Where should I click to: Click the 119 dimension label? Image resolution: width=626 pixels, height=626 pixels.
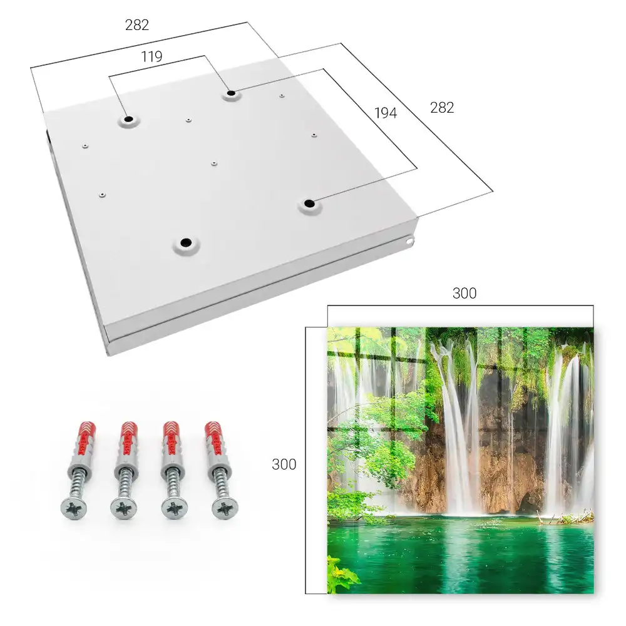(x=151, y=57)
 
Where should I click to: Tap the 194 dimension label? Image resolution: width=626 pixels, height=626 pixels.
(x=386, y=113)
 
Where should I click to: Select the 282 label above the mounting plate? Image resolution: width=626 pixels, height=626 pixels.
(x=137, y=25)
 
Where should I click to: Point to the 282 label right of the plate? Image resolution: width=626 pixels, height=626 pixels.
(x=442, y=108)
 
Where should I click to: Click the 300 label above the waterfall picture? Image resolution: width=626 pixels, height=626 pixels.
(x=464, y=293)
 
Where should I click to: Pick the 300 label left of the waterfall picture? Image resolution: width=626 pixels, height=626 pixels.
(x=284, y=464)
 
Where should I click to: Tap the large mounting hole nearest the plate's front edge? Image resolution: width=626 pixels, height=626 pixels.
(x=186, y=242)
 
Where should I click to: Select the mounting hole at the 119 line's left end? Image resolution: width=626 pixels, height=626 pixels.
(x=128, y=119)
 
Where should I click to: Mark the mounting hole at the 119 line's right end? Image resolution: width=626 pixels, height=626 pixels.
(x=231, y=94)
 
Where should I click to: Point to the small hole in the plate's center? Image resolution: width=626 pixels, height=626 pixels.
(x=214, y=163)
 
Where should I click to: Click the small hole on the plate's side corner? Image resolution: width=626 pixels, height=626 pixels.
(x=409, y=241)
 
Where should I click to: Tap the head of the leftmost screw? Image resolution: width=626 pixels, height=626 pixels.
(x=74, y=508)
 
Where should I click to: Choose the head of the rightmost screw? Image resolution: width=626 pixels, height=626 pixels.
(x=225, y=508)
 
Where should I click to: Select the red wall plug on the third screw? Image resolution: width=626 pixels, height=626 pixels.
(x=172, y=438)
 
